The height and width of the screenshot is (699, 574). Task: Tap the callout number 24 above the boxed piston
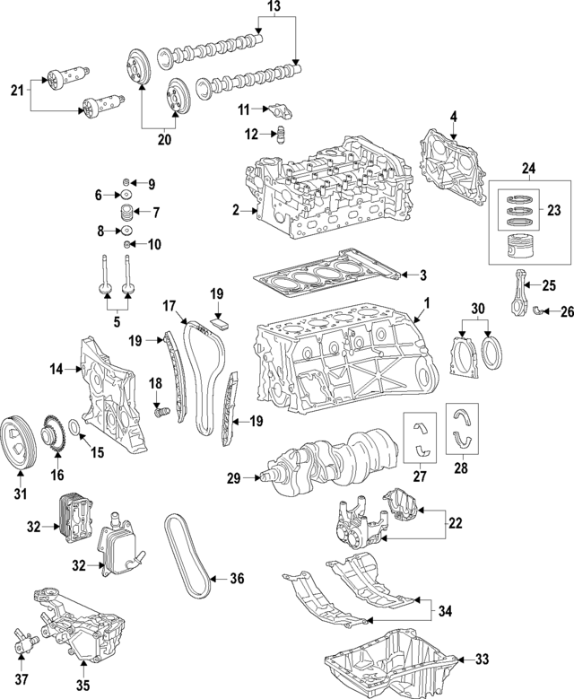click(527, 169)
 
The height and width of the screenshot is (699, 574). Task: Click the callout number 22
click(457, 522)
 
